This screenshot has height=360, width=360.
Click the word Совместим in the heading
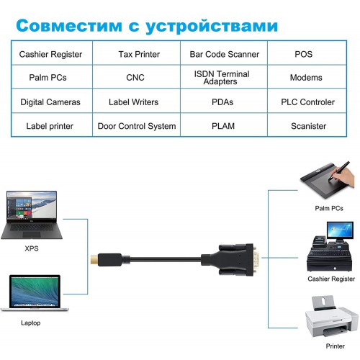69,26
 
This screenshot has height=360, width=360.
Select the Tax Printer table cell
136,53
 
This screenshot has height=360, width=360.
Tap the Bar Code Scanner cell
224,53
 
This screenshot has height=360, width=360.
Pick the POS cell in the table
307,53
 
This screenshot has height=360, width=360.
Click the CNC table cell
136,77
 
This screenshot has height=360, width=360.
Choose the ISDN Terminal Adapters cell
224,77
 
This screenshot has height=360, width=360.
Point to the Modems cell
307,77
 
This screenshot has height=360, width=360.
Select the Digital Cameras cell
52,101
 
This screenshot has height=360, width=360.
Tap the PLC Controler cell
307,101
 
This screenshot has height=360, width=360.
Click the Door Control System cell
136,125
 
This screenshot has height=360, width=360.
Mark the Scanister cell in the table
307,125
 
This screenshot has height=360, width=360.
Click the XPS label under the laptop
32,248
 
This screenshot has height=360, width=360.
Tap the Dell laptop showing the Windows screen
32,215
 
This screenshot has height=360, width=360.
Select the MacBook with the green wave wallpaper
35,293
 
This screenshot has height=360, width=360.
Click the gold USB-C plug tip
94,260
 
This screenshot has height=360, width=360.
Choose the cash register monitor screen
340,230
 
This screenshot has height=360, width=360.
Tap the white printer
332,317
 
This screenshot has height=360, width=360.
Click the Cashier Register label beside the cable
331,279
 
